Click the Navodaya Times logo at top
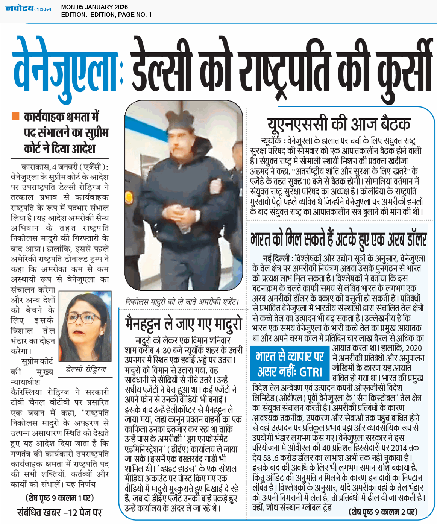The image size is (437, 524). point(28,8)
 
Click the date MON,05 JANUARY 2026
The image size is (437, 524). point(94,7)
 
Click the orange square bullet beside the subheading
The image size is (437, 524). point(15,116)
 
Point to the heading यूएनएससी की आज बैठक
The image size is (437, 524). point(338,124)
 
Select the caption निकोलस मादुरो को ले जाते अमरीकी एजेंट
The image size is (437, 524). point(182,302)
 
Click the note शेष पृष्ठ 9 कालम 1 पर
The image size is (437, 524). point(60,498)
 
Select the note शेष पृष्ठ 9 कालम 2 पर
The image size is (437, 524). point(383,512)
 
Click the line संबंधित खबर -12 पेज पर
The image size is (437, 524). point(60,512)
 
